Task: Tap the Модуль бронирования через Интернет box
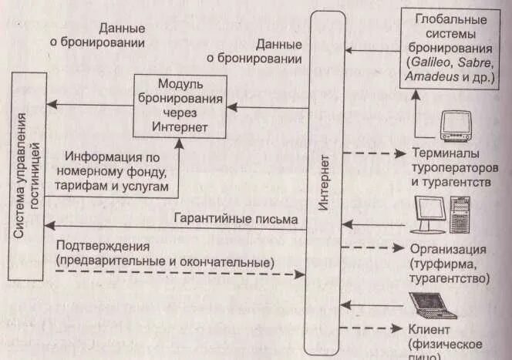[180, 106]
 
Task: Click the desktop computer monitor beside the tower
[430, 213]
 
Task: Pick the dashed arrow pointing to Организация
[374, 248]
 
